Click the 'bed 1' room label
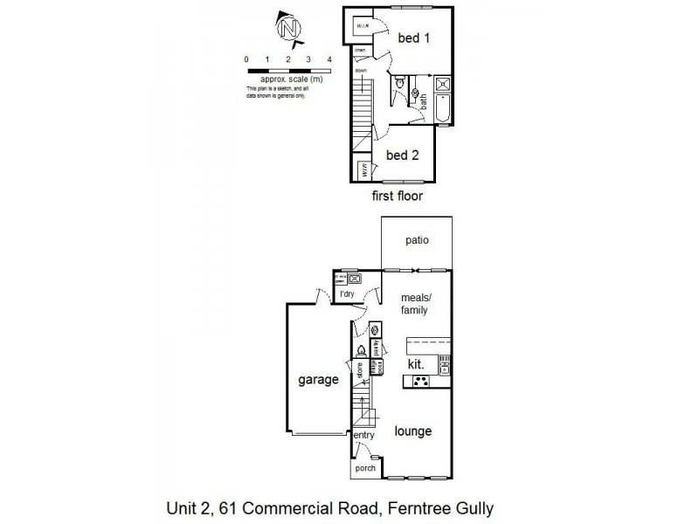[414, 38]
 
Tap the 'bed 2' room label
[402, 155]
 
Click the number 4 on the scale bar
[329, 59]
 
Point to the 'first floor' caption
[397, 196]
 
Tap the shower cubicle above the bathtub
[442, 85]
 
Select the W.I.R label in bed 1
[360, 27]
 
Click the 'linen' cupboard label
[358, 51]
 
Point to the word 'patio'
[416, 241]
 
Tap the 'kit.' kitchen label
[416, 363]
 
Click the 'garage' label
[317, 380]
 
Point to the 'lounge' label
[412, 431]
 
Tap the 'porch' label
[364, 469]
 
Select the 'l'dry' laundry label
[347, 294]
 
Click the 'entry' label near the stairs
[363, 435]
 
